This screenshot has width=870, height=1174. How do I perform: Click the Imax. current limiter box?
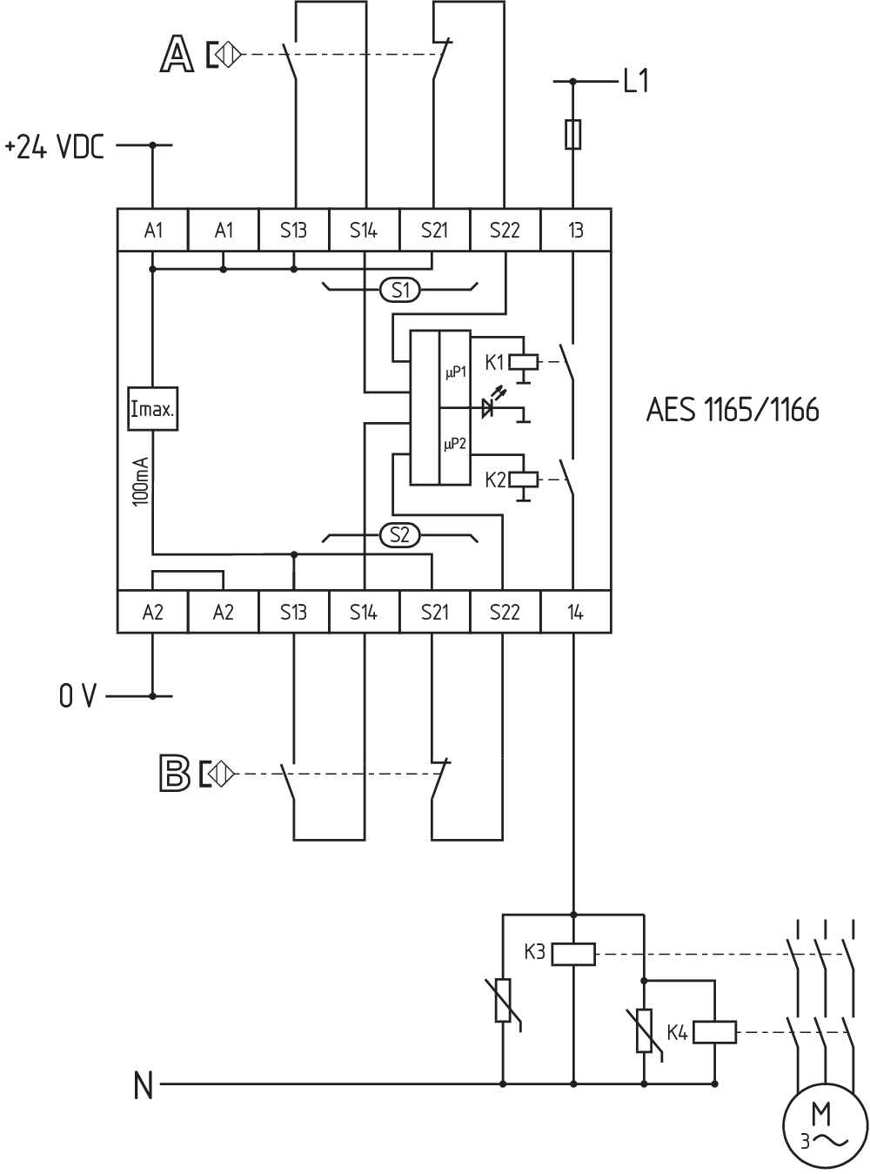[x=153, y=409]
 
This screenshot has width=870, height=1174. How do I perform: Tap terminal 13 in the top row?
[x=576, y=230]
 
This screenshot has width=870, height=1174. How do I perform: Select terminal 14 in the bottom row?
[x=576, y=612]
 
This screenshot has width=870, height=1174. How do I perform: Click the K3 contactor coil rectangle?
[x=573, y=954]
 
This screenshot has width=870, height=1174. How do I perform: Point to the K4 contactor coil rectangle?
[x=714, y=1031]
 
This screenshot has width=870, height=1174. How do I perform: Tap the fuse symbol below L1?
[x=573, y=134]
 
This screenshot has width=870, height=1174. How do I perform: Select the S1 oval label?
[x=400, y=290]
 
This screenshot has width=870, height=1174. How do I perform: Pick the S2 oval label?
[x=400, y=535]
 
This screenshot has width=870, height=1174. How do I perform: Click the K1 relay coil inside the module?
[x=524, y=363]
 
